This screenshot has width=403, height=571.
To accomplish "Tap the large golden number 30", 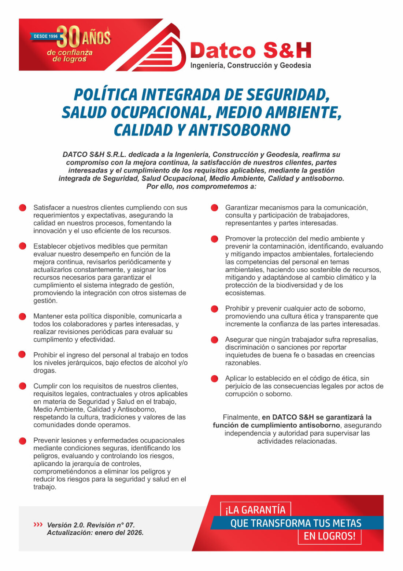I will click(70, 37).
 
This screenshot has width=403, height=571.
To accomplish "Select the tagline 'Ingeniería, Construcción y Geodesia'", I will click(251, 66).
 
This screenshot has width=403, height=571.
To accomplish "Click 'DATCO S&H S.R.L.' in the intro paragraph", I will click(94, 154).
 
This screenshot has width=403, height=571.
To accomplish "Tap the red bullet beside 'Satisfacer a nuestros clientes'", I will click(23, 208).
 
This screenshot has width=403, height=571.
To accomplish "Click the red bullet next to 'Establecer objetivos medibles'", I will click(23, 246).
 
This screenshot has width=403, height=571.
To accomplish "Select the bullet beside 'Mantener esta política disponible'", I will click(23, 316).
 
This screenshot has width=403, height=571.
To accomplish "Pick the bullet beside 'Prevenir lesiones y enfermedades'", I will click(23, 441).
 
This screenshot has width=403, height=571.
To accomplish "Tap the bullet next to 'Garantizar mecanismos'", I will click(215, 208).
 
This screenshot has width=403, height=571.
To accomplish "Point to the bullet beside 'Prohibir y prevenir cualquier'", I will click(215, 309).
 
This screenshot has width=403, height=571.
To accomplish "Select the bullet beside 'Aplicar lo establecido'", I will click(215, 379).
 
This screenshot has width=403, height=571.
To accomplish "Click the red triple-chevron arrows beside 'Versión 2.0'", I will click(38, 525).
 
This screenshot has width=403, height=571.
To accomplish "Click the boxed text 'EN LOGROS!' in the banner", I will click(329, 536).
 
